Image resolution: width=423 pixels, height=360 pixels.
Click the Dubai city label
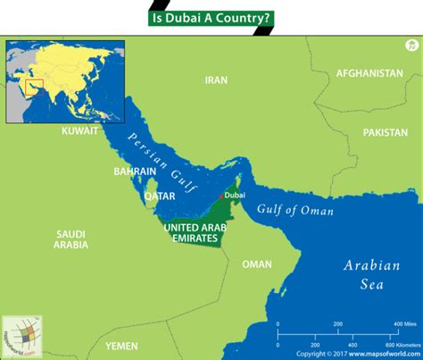click(x=235, y=193)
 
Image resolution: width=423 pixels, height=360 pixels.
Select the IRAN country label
click(x=217, y=80)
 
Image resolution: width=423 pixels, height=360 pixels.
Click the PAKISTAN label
click(x=385, y=131)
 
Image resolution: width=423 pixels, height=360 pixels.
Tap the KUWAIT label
click(x=79, y=131)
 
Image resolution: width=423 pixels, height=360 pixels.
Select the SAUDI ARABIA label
click(x=70, y=239)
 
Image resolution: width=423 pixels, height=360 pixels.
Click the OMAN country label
click(x=257, y=264)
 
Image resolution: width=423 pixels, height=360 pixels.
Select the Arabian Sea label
click(x=368, y=274)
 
